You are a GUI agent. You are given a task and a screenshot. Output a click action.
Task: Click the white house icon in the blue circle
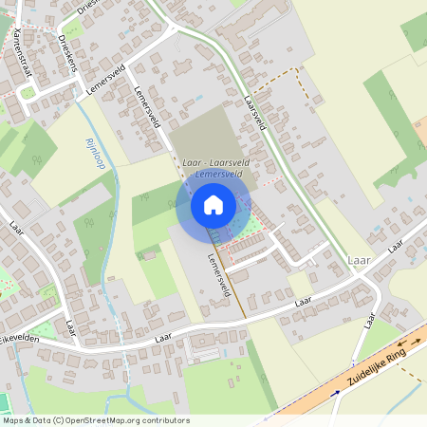(x=213, y=204)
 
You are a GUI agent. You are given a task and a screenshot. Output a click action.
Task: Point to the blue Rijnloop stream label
(x=95, y=153)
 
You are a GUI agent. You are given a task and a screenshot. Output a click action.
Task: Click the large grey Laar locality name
(x=360, y=259)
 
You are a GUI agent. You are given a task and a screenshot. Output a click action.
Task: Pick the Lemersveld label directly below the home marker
(x=218, y=274)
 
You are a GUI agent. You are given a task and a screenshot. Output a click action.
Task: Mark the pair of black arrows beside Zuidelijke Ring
(x=410, y=342)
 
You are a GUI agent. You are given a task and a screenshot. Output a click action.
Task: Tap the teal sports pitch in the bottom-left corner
(x=4, y=402)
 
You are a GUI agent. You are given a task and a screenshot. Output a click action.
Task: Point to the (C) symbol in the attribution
(x=60, y=419)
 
